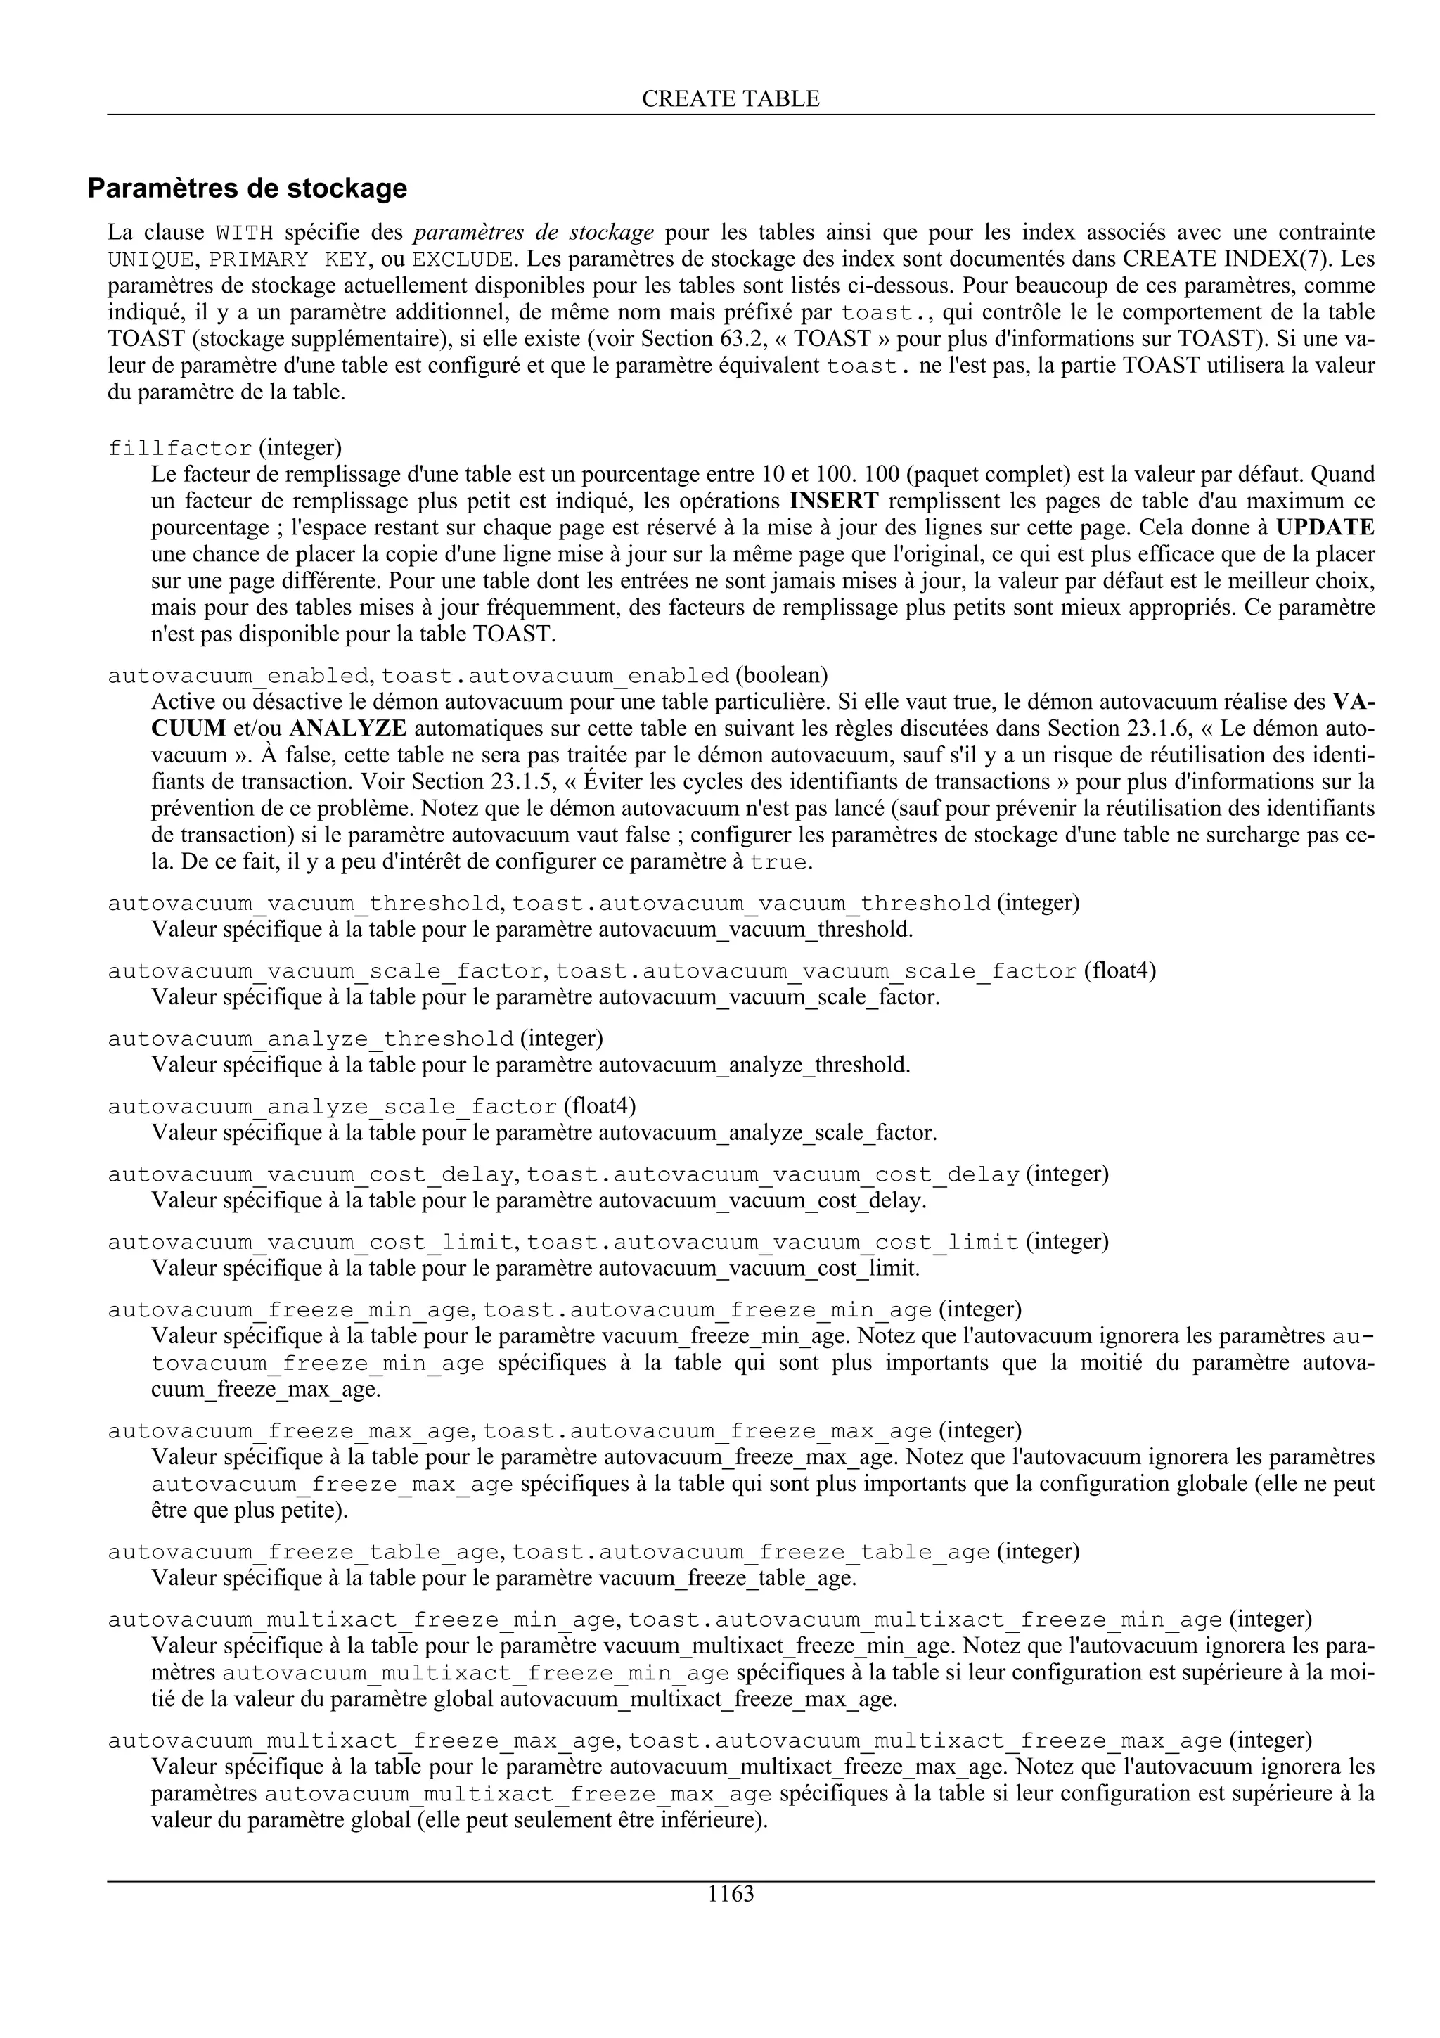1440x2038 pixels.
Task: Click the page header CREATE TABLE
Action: click(731, 99)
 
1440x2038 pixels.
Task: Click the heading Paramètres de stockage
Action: click(247, 188)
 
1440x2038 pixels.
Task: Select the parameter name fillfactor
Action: click(180, 448)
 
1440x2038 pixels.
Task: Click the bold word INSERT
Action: click(834, 501)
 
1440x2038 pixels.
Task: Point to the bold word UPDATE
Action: click(1325, 527)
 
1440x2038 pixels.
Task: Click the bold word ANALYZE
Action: click(348, 729)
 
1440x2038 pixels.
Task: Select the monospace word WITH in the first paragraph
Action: click(245, 233)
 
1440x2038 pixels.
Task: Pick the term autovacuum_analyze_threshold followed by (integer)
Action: click(311, 1039)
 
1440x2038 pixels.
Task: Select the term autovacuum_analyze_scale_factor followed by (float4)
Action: click(332, 1107)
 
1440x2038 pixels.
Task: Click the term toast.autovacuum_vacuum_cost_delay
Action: click(773, 1174)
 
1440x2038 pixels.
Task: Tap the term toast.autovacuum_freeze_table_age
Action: click(751, 1551)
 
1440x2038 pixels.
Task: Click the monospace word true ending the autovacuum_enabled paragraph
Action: click(778, 863)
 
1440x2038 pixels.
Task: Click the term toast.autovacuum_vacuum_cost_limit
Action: click(772, 1242)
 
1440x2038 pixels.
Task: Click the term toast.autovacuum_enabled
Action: click(555, 677)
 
